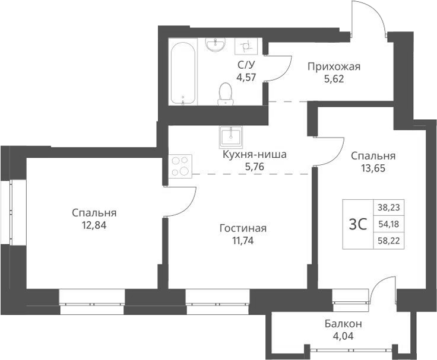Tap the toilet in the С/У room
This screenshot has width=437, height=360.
[x=225, y=94]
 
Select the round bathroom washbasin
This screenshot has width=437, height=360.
[x=215, y=44]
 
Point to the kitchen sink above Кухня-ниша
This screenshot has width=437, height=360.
[x=230, y=137]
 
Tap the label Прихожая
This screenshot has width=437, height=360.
[x=334, y=66]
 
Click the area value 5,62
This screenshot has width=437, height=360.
[x=334, y=78]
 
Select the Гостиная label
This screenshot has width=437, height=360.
[x=243, y=228]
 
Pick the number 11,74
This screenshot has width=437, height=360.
[x=243, y=240]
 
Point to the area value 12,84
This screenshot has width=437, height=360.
[x=94, y=225]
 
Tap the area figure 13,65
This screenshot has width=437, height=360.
[x=373, y=168]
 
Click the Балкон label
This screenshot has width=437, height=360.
[x=343, y=324]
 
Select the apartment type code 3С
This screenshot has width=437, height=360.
[x=357, y=224]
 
